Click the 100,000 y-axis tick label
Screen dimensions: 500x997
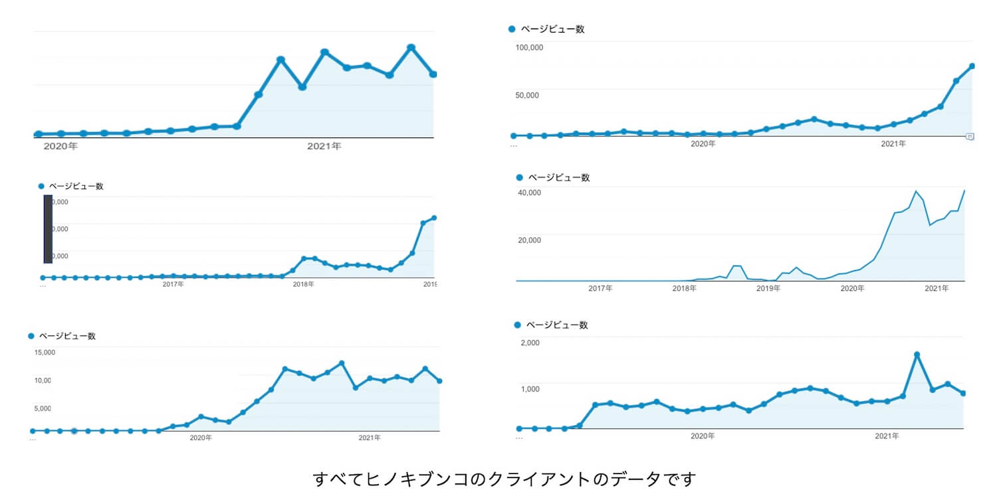529,47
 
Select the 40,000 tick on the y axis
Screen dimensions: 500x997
529,193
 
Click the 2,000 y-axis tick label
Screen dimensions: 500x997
529,343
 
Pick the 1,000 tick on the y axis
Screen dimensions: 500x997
529,388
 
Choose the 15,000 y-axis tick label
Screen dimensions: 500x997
45,352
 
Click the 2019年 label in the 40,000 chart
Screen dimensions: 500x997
768,289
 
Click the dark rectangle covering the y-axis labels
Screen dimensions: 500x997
48,228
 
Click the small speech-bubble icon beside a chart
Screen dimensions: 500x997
970,137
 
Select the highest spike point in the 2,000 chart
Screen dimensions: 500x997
917,355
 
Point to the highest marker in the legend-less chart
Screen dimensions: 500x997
411,47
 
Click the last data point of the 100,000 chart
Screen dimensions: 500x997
972,66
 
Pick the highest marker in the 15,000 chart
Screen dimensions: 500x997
342,363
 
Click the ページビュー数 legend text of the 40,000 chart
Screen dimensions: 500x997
558,178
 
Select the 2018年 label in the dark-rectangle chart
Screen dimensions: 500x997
304,284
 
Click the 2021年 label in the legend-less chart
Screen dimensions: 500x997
324,146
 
